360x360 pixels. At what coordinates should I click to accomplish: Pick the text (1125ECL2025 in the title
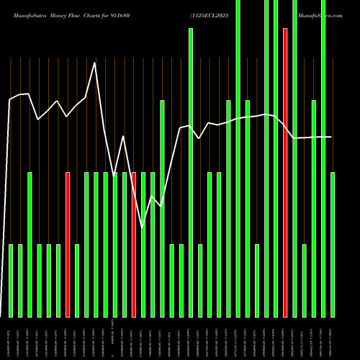click(x=210, y=14)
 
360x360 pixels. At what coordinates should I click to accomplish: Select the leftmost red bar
click(x=68, y=245)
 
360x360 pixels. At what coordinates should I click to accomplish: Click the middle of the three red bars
click(x=134, y=245)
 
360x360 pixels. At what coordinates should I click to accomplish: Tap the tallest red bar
click(x=285, y=173)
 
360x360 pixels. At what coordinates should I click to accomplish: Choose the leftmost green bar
click(x=11, y=281)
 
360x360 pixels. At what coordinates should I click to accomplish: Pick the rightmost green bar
click(x=333, y=245)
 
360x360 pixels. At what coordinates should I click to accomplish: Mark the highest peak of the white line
click(x=95, y=63)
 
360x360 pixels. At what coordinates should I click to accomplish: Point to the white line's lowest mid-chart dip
click(x=143, y=227)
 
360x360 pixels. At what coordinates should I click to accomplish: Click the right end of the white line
click(x=332, y=137)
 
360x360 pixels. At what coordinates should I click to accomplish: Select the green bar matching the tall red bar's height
click(x=191, y=173)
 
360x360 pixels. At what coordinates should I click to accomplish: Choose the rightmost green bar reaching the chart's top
click(x=323, y=158)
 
